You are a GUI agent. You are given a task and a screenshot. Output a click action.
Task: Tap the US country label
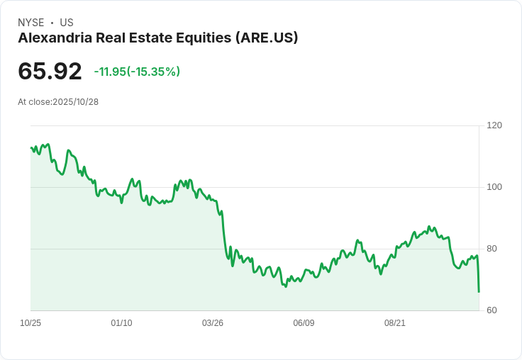[67, 23]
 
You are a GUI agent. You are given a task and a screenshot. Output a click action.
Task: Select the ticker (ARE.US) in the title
[266, 38]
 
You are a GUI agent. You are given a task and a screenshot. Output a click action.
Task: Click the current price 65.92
[50, 71]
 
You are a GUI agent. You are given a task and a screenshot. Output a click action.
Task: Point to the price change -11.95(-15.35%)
[137, 72]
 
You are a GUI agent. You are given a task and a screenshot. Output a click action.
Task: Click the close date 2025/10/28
[76, 102]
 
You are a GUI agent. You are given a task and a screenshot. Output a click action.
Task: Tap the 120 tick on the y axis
[494, 125]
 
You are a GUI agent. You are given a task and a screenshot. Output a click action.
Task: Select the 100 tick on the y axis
[494, 187]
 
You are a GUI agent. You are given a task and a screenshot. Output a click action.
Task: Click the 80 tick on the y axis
[492, 249]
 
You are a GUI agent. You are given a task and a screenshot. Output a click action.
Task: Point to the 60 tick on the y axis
[492, 310]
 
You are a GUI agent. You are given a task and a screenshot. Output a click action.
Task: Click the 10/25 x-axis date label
[30, 323]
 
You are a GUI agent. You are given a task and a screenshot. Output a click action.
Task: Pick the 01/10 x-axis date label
[121, 323]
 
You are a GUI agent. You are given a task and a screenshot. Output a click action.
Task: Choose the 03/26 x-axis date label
[213, 323]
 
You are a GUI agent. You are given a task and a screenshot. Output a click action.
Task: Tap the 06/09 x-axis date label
[304, 323]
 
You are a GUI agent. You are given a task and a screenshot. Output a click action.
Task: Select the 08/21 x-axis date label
[395, 323]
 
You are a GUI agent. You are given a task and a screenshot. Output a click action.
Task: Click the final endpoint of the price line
[479, 291]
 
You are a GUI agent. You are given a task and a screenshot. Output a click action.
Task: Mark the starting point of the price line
[31, 147]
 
